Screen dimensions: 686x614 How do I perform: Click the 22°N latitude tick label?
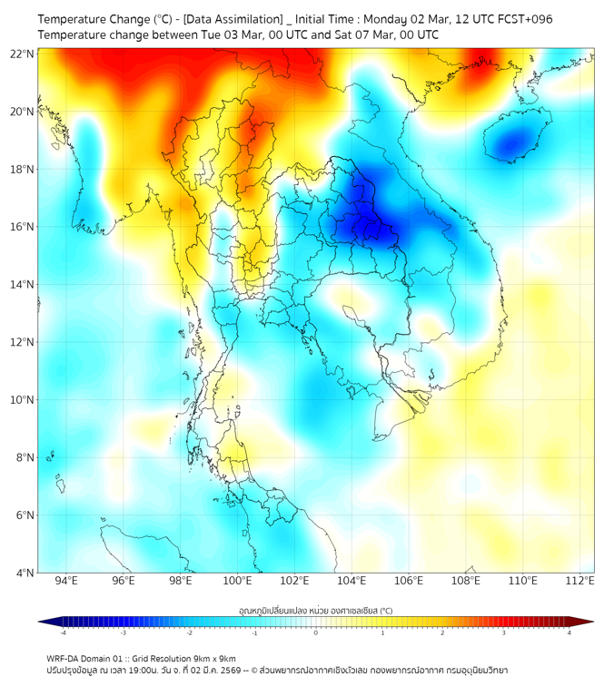[23, 54]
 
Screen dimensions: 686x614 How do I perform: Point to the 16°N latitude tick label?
[23, 227]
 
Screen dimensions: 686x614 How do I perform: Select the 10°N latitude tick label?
[23, 399]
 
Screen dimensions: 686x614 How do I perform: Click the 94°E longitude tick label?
[66, 581]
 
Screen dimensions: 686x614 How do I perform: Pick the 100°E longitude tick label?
[237, 581]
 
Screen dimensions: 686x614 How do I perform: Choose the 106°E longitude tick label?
[409, 581]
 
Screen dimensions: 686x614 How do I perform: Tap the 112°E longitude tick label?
[580, 581]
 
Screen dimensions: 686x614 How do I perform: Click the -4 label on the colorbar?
[62, 632]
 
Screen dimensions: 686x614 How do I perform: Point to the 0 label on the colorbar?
[316, 632]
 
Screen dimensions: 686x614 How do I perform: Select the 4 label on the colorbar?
[569, 632]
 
